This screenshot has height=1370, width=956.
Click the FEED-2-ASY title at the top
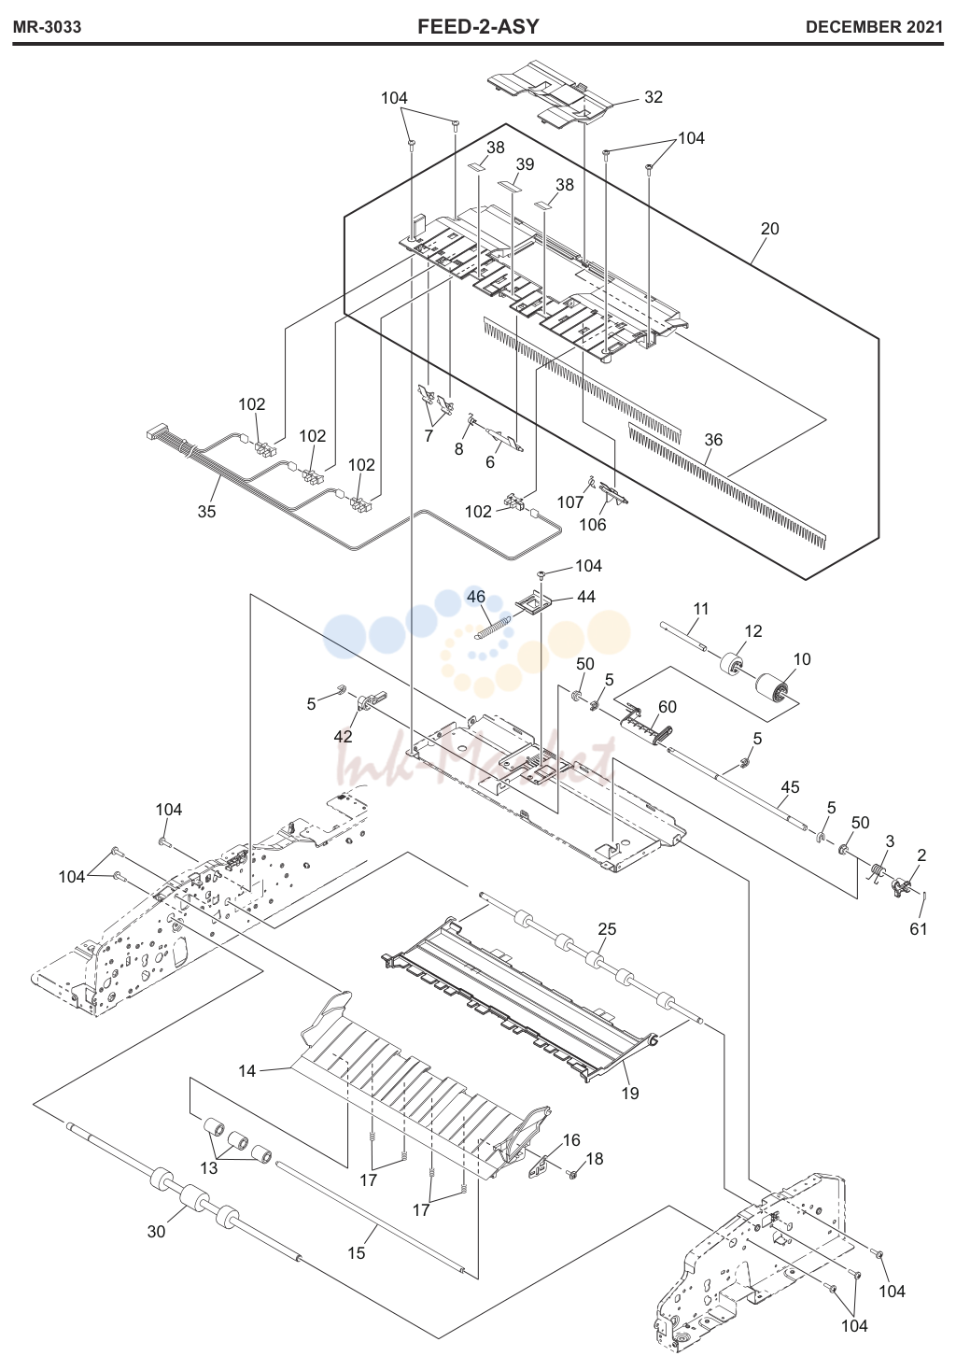tap(478, 27)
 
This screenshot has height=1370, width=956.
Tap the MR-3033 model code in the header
tap(47, 27)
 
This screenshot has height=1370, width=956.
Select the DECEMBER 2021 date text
tap(874, 27)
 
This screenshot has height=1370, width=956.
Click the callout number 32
tap(654, 97)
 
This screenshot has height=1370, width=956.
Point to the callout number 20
tap(769, 229)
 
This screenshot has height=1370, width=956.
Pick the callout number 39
tap(525, 164)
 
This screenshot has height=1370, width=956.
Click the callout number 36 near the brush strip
tap(713, 440)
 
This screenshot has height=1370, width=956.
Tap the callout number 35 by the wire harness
tap(206, 512)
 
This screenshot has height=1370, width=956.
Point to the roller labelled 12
tap(730, 666)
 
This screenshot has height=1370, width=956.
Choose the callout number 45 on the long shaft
tap(791, 787)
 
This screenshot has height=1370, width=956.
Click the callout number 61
tap(919, 929)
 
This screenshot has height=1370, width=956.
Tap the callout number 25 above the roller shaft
tap(607, 929)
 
